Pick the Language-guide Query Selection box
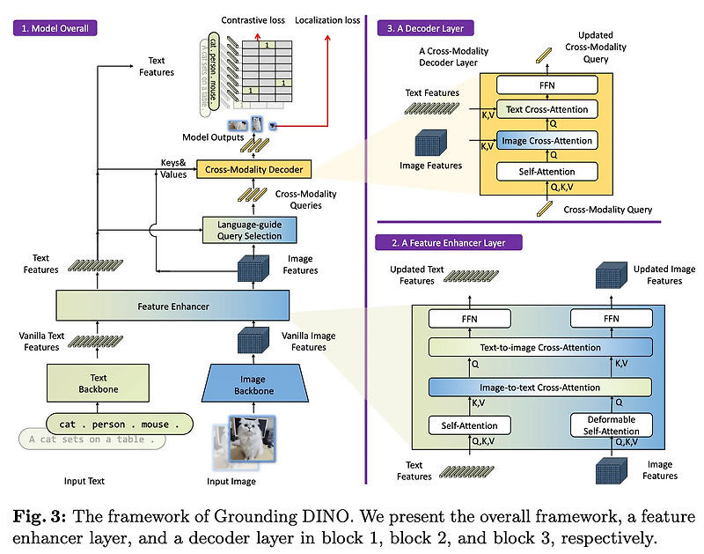coord(250,229)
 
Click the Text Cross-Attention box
coord(546,109)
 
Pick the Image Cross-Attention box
coord(546,139)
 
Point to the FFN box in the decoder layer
coord(546,85)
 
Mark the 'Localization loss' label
coord(327,19)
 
